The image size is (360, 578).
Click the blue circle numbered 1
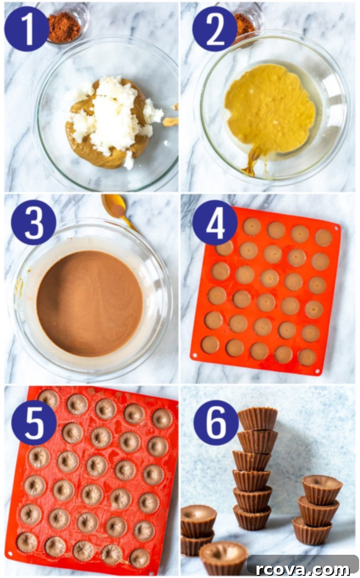click(x=27, y=29)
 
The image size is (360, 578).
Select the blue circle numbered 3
click(x=34, y=222)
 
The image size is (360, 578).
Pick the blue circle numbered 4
click(x=215, y=222)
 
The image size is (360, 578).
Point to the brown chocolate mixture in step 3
click(x=90, y=303)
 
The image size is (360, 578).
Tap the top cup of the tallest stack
click(x=258, y=419)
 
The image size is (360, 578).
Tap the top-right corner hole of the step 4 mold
click(x=336, y=229)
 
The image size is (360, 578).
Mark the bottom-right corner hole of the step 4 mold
click(x=318, y=372)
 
